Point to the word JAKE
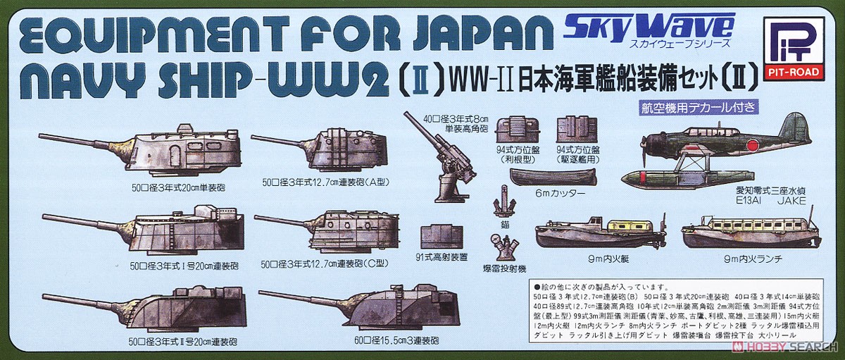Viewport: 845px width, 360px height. point(791,199)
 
